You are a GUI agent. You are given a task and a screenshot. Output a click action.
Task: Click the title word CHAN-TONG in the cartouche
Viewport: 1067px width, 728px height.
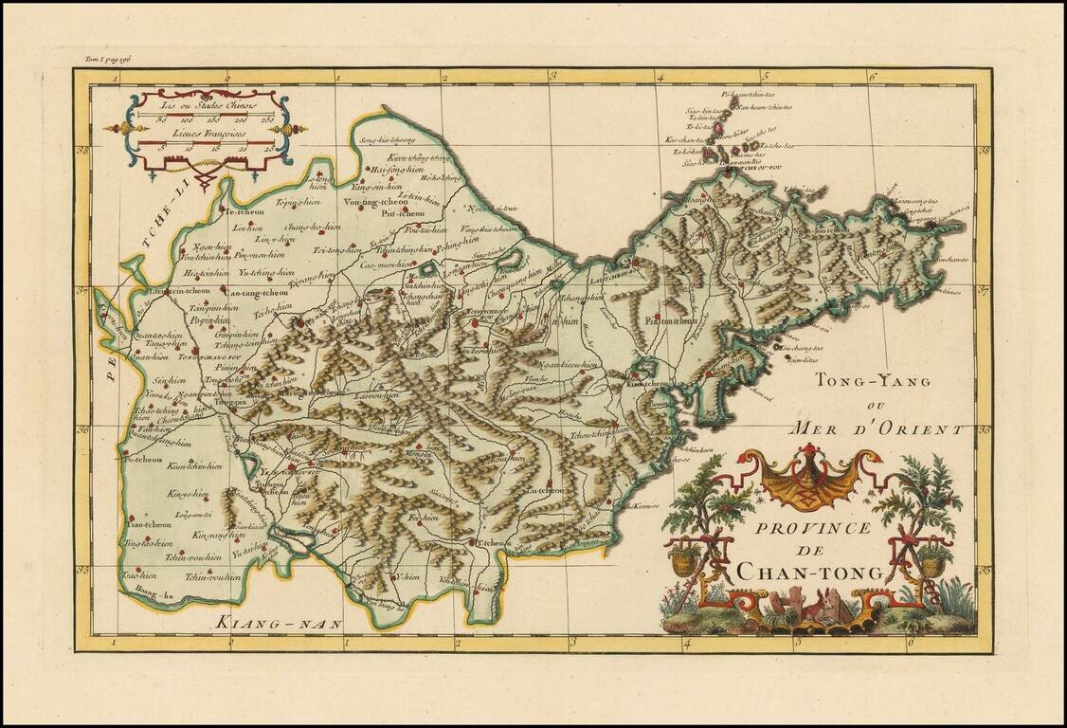pyautogui.click(x=809, y=572)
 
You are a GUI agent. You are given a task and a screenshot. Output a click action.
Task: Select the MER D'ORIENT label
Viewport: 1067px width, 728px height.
pyautogui.click(x=879, y=428)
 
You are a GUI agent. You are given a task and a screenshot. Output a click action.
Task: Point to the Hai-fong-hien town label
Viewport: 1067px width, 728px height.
pyautogui.click(x=396, y=170)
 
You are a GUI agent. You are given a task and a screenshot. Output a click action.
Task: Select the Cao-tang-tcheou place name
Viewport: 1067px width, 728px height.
pyautogui.click(x=256, y=294)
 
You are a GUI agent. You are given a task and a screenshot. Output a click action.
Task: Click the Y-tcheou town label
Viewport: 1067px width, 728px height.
pyautogui.click(x=492, y=543)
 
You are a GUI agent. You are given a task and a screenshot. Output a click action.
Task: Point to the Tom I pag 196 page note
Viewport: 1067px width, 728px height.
pyautogui.click(x=106, y=60)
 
